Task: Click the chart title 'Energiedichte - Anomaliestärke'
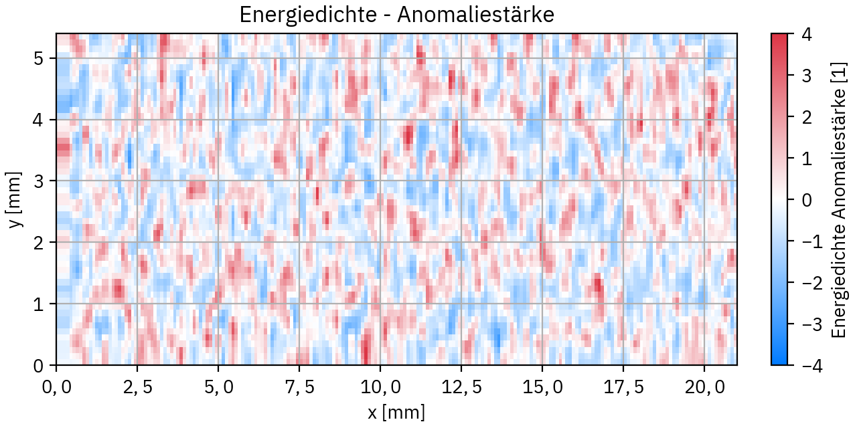[396, 15]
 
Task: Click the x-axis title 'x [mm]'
[396, 412]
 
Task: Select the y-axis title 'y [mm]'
[15, 199]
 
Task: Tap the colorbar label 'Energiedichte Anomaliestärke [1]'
[838, 199]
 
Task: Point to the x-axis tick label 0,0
[56, 387]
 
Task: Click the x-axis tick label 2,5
[137, 387]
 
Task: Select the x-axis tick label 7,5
[299, 387]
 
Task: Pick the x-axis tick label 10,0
[380, 387]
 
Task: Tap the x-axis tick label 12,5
[461, 387]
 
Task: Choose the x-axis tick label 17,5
[623, 387]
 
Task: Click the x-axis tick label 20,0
[704, 387]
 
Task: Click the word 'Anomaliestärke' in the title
[475, 15]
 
